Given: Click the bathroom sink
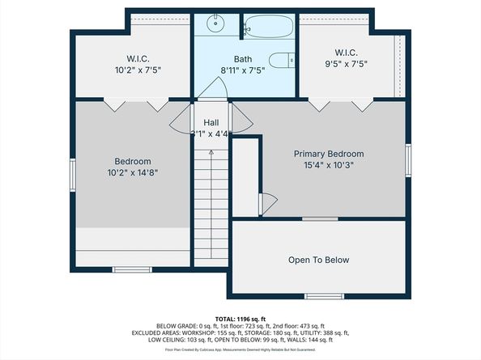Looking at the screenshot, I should (215, 23).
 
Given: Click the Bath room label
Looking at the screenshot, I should (243, 59).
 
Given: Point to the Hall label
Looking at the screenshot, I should (211, 122).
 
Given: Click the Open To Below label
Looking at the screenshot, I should (319, 260).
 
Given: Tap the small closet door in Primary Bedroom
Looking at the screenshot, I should (267, 201).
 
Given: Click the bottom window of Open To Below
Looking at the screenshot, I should (318, 295).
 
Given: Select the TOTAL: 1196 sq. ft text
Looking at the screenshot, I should (240, 318).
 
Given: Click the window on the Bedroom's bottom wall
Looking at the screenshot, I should (131, 269).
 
